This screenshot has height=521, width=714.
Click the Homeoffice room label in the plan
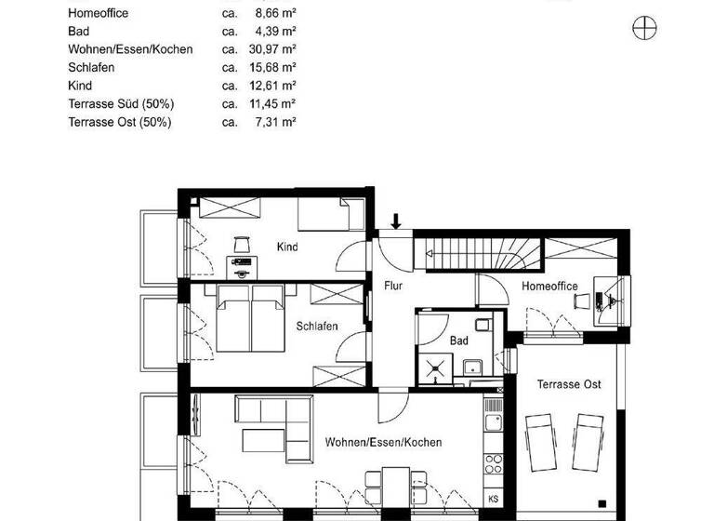(x=549, y=287)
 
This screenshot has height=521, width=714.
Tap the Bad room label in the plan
(x=459, y=341)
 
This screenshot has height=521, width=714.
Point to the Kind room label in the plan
(x=287, y=247)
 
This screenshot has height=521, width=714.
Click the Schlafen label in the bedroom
(x=317, y=327)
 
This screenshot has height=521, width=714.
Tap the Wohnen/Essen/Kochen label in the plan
(x=383, y=443)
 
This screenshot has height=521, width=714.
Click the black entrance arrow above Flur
(x=396, y=221)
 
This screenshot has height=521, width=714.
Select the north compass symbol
(x=643, y=29)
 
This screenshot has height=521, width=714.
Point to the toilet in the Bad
(x=482, y=324)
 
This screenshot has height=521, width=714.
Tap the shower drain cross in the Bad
(x=435, y=369)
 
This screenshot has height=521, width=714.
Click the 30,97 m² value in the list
(x=277, y=48)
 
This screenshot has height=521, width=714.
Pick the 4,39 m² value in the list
(x=277, y=31)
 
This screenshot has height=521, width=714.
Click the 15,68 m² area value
(x=277, y=67)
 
